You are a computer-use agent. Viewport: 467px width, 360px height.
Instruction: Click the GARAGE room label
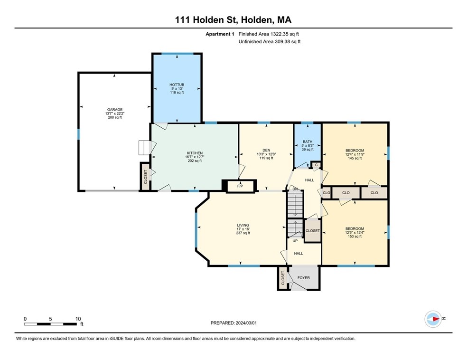point(114,110)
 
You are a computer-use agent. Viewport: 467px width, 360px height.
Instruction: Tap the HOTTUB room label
point(177,85)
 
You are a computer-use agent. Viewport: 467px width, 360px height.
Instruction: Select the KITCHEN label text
point(194,153)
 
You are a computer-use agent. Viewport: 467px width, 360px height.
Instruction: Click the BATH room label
point(308,142)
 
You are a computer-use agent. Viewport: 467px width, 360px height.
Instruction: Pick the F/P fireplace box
point(240,186)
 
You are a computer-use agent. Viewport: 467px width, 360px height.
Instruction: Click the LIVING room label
point(243,225)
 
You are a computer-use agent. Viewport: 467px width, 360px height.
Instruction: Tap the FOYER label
point(303,278)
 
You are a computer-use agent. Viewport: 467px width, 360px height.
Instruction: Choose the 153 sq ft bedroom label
point(355,229)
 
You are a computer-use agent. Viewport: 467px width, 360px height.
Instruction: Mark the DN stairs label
point(295,189)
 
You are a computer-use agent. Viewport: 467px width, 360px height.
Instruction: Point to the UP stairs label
point(295,241)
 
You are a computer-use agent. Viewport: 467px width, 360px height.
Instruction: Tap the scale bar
point(51,324)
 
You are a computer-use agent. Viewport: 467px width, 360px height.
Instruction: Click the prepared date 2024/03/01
point(236,323)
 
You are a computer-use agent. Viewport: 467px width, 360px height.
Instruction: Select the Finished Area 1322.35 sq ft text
point(269,34)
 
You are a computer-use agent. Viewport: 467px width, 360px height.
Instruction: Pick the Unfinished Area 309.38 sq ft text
point(269,42)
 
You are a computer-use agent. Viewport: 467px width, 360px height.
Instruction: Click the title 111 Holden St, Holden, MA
point(233,19)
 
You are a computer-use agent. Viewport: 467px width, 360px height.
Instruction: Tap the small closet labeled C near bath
point(316,165)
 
